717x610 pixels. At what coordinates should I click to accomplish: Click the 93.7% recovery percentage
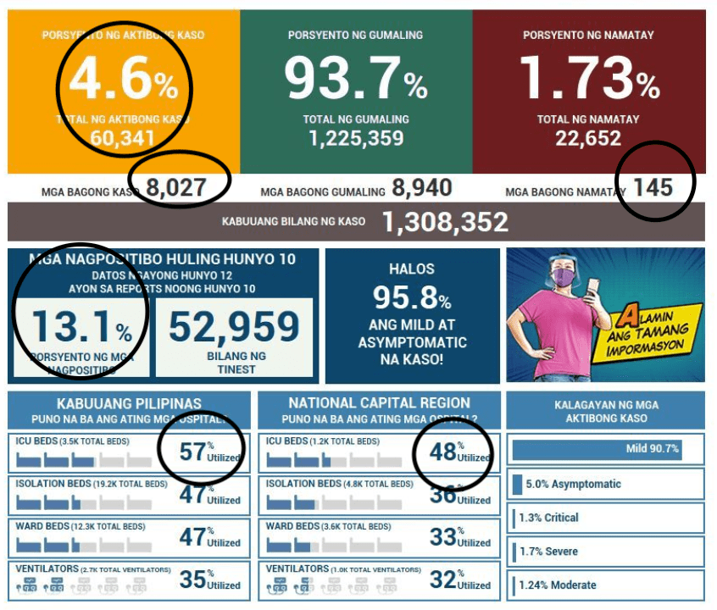355,79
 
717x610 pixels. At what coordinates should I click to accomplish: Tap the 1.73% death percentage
588,79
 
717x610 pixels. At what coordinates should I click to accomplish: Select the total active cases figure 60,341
124,139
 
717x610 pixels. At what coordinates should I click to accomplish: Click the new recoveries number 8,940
422,187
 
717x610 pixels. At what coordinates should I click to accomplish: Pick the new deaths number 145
653,186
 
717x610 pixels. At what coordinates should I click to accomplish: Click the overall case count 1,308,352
445,222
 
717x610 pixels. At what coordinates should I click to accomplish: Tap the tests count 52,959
234,327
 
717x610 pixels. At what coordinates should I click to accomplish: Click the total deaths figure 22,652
588,138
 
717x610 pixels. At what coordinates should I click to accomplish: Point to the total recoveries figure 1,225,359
356,138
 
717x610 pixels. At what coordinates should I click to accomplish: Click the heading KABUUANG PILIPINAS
129,403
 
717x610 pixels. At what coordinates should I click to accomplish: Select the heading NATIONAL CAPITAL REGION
379,403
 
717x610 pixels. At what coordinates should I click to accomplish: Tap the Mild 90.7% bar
597,449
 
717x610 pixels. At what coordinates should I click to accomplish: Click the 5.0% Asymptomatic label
573,484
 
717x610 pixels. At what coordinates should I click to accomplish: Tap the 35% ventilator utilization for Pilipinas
194,579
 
